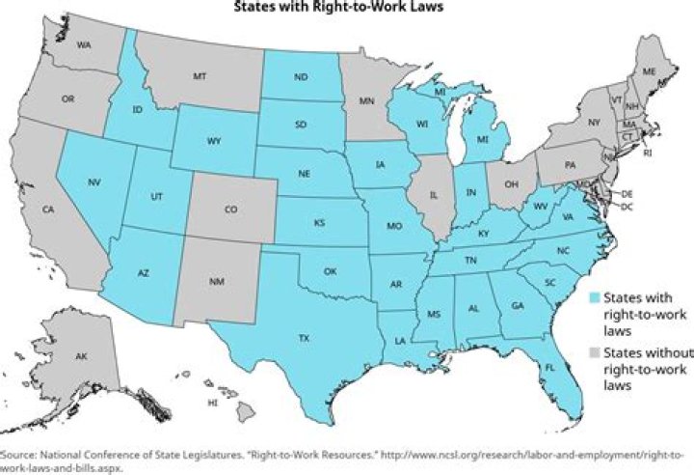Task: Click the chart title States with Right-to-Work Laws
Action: pos(346,9)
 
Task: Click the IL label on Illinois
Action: pos(433,194)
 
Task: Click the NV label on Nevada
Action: pos(94,182)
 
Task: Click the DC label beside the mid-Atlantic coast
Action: pos(627,207)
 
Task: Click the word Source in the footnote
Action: pos(18,454)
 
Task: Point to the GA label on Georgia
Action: pos(520,306)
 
